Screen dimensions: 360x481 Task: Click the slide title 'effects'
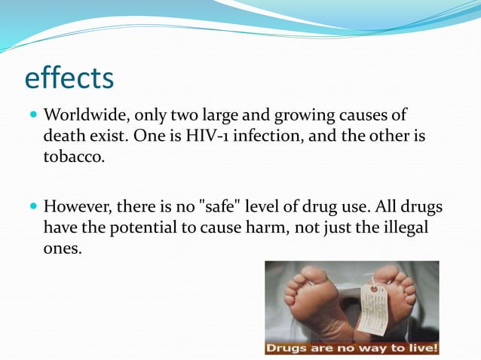pos(69,78)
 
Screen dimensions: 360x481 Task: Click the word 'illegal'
pos(404,227)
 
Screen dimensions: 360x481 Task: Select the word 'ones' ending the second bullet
pos(60,249)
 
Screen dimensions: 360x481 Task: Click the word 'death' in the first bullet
pos(63,138)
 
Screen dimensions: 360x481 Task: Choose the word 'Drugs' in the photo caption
pos(286,348)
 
